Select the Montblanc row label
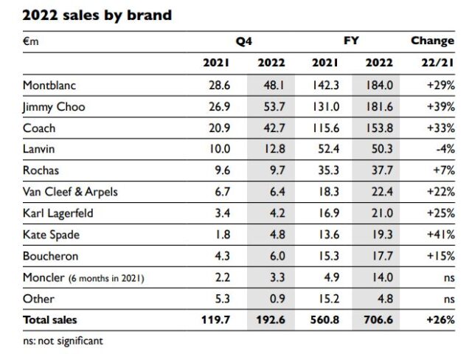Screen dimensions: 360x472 click(50, 86)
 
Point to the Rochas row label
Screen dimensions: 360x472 click(41, 171)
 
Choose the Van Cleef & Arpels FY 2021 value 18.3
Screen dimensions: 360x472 click(325, 193)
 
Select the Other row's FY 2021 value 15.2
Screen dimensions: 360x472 click(325, 299)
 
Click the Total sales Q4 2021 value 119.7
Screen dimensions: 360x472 click(215, 320)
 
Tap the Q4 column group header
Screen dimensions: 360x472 click(244, 41)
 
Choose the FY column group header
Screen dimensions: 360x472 click(351, 41)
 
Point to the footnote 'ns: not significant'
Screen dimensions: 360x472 click(63, 341)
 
